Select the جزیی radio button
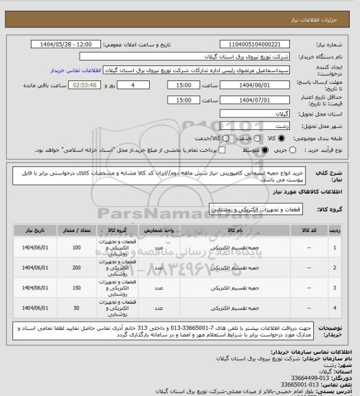click(293, 148)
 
